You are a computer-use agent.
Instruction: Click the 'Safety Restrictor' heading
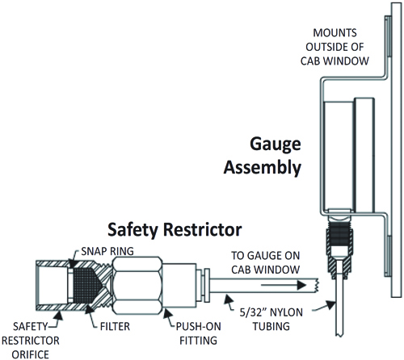pyautogui.click(x=175, y=230)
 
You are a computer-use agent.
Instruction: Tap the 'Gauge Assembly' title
pyautogui.click(x=263, y=156)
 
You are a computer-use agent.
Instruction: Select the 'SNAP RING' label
pyautogui.click(x=107, y=251)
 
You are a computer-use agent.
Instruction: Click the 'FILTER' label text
pyautogui.click(x=115, y=326)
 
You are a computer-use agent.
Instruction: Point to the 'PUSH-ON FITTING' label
pyautogui.click(x=199, y=333)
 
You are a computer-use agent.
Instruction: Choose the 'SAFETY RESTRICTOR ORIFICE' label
pyautogui.click(x=31, y=341)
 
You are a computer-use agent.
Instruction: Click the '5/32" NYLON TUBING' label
pyautogui.click(x=271, y=320)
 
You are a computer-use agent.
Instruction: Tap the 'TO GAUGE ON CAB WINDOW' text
pyautogui.click(x=266, y=262)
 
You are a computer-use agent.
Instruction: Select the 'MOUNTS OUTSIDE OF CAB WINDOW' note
pyautogui.click(x=335, y=47)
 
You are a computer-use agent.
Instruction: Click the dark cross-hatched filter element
pyautogui.click(x=84, y=285)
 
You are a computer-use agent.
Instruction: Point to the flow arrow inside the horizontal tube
pyautogui.click(x=284, y=285)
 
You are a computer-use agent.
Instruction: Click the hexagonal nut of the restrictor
pyautogui.click(x=137, y=286)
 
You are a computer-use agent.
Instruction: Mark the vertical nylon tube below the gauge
pyautogui.click(x=339, y=298)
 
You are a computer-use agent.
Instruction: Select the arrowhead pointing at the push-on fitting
pyautogui.click(x=167, y=313)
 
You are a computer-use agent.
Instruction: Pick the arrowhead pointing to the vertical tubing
pyautogui.click(x=331, y=305)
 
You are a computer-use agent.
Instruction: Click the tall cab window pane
pyautogui.click(x=396, y=149)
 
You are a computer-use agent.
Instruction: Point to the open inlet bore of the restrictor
pyautogui.click(x=52, y=285)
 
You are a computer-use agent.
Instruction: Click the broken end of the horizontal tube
pyautogui.click(x=318, y=285)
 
